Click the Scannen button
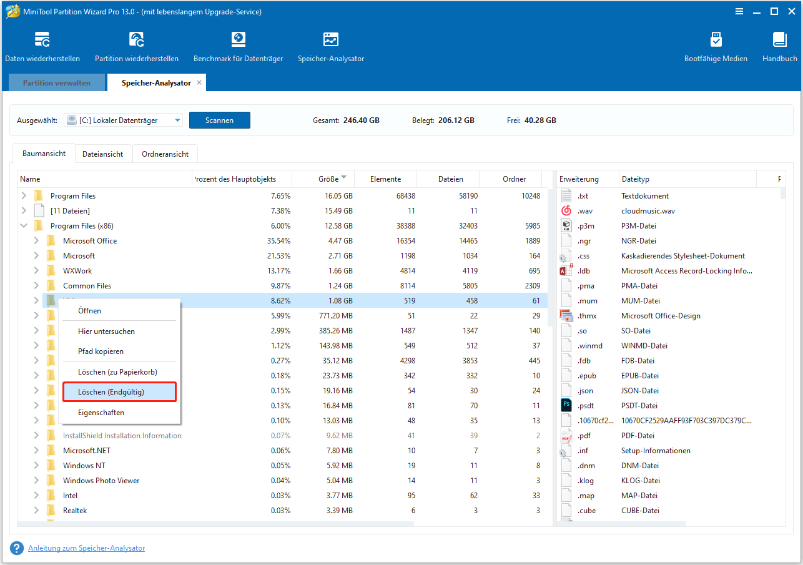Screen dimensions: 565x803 pos(219,120)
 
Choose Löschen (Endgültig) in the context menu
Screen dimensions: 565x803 pos(119,392)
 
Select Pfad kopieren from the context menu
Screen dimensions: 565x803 pos(101,351)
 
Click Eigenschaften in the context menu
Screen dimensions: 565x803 pos(101,413)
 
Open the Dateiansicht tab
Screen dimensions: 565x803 pos(103,154)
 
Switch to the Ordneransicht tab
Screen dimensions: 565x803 pos(165,154)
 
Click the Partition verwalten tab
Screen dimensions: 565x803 pos(57,82)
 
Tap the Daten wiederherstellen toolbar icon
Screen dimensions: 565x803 pos(42,40)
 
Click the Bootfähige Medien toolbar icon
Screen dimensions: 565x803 pos(716,40)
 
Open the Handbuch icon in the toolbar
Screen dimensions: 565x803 pos(779,40)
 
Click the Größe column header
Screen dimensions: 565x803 pos(328,179)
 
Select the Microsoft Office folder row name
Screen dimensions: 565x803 pos(90,241)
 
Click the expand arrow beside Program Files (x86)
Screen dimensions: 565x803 pos(24,226)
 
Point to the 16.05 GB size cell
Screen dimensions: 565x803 pos(338,196)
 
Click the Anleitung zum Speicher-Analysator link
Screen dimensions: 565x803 pos(86,548)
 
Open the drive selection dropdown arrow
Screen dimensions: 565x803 pos(177,120)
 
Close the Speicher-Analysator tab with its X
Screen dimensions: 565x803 pos(199,82)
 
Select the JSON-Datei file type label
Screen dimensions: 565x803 pos(639,391)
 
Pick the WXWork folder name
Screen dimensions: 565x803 pos(78,271)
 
